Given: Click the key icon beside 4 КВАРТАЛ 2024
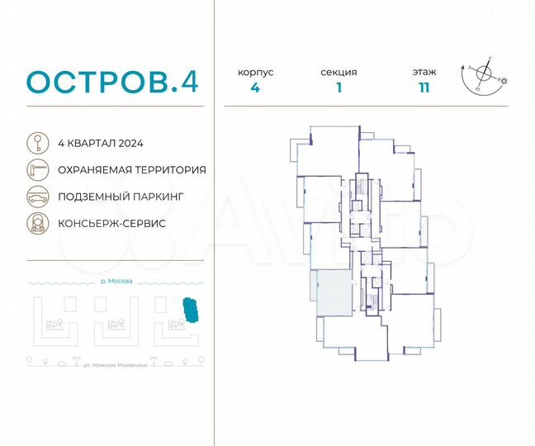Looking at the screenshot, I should (x=37, y=142).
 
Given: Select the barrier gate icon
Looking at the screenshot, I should (x=37, y=169).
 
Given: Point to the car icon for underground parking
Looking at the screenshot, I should (x=37, y=197).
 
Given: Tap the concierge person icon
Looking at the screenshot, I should (x=37, y=224).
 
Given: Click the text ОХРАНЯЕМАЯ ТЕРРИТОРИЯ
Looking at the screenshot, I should (x=131, y=169).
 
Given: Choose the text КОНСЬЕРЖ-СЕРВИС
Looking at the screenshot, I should (x=111, y=224).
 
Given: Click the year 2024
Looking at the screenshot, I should (x=130, y=143).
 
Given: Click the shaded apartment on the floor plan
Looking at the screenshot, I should (x=330, y=292).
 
